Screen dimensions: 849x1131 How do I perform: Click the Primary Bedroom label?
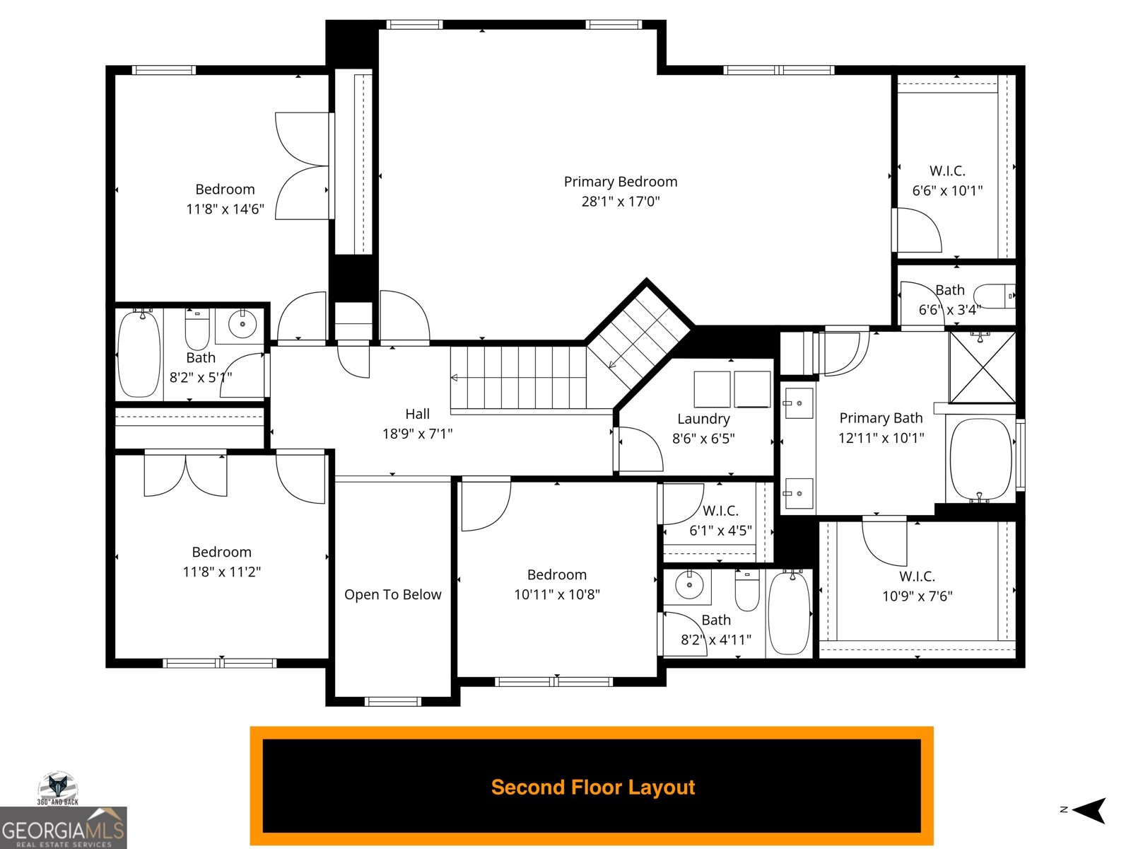point(620,182)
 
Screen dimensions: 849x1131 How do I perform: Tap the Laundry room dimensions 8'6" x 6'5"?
point(703,439)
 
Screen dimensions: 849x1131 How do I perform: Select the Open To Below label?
point(392,595)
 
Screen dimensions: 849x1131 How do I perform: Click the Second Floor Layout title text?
point(592,787)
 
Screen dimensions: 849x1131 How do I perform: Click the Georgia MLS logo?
point(63,828)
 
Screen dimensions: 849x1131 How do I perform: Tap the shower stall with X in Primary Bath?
point(981,366)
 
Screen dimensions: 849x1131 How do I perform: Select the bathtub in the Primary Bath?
point(980,459)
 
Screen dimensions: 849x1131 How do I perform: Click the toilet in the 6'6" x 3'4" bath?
point(993,296)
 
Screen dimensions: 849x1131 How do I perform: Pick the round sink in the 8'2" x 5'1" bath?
point(242,325)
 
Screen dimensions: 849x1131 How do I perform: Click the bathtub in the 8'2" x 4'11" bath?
point(789,613)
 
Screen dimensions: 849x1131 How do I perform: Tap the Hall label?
point(417,414)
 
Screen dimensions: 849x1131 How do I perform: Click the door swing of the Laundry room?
point(640,449)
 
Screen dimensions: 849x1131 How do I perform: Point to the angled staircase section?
point(638,333)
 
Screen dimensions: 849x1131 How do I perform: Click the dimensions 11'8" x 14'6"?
point(225,209)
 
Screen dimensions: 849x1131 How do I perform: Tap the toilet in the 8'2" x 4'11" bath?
point(746,591)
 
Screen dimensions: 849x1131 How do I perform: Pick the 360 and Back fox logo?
point(58,787)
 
